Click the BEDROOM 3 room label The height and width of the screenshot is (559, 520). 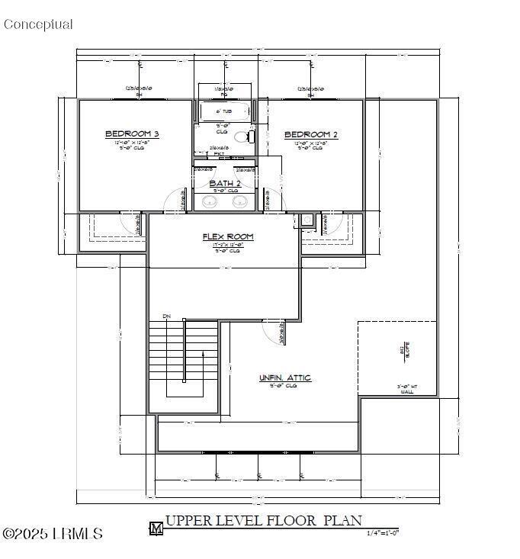(x=131, y=134)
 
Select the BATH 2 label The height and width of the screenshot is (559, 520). (x=225, y=184)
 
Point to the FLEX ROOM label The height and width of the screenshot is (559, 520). (x=228, y=237)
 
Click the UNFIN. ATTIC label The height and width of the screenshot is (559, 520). (x=285, y=378)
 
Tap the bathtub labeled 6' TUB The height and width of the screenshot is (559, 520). (x=223, y=112)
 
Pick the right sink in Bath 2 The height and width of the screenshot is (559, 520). (x=239, y=201)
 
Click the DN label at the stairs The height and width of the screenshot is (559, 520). (x=166, y=316)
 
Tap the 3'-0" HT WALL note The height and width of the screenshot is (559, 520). (x=406, y=389)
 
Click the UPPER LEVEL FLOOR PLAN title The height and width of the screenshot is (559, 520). (x=263, y=522)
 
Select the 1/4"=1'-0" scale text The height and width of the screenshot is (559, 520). (x=383, y=532)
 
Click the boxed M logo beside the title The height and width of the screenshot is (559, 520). (x=156, y=528)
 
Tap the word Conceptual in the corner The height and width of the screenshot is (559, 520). (x=38, y=24)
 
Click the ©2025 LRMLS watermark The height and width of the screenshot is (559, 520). (x=52, y=534)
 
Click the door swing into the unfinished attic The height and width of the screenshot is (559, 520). (x=273, y=329)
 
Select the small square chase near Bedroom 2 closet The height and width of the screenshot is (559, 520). (x=307, y=220)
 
